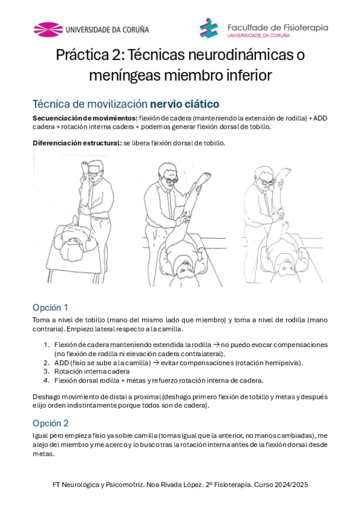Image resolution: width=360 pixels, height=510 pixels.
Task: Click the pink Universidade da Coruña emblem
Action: pos(48,29)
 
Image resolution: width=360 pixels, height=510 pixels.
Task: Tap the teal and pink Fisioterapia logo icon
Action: pos(209,28)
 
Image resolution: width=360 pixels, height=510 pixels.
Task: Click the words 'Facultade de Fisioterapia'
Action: pos(278,28)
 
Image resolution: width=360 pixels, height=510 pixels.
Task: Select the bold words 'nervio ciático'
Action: pos(185,104)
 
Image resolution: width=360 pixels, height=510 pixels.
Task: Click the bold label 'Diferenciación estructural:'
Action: pos(77,143)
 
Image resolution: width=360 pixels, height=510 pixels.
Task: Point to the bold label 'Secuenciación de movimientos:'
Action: pos(85,118)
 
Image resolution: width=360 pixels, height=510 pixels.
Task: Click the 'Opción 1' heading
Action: pos(50,308)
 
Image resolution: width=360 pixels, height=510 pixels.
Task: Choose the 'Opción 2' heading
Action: pos(50,423)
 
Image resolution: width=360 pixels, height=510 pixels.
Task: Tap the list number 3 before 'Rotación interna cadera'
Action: pos(46,372)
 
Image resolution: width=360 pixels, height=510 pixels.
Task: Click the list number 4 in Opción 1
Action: pos(46,381)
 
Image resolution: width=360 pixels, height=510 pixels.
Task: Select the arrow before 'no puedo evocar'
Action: pos(216,345)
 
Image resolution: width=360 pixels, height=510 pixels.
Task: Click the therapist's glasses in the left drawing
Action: pos(94,173)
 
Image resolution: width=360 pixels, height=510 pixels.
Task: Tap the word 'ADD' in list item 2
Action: pos(61,363)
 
